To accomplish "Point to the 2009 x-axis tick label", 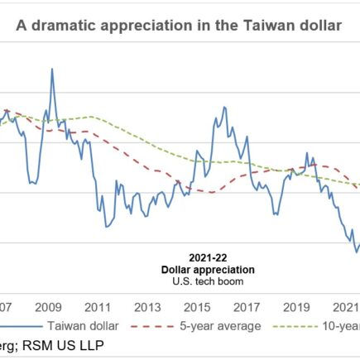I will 48,305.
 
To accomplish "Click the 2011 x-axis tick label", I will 98,305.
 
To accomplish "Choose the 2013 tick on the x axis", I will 148,305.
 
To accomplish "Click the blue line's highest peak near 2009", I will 53,69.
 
